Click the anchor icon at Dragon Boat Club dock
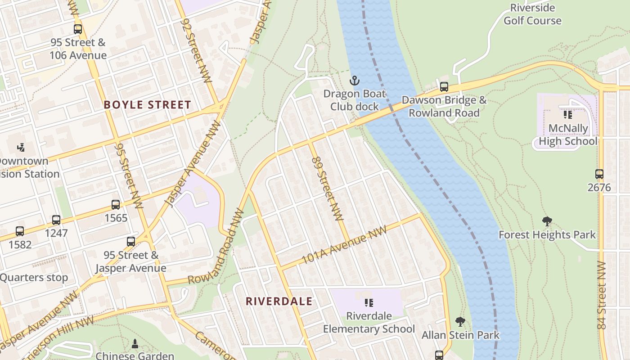355,81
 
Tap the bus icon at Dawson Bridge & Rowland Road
444,87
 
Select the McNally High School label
568,135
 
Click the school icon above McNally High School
568,115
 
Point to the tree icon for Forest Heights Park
547,221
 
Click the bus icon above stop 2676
599,174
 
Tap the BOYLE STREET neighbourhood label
148,105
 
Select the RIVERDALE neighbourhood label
279,301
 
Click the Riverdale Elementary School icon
369,303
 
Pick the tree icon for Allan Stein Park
460,321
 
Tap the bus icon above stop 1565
116,205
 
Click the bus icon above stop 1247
56,220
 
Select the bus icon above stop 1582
20,231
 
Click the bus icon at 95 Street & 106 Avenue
78,29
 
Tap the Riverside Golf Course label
532,14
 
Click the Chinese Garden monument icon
135,344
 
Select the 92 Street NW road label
196,50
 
